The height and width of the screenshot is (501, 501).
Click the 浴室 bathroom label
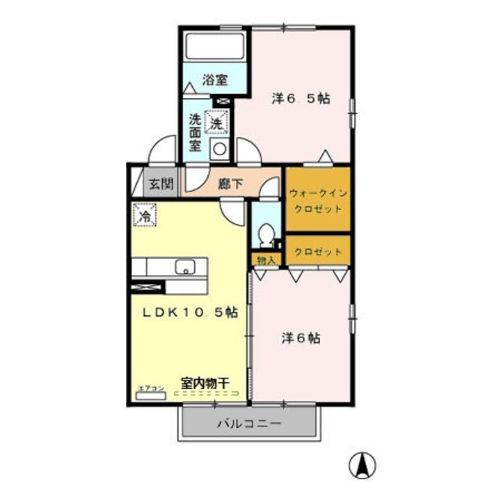[215, 79]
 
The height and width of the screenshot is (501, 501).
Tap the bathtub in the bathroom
[214, 47]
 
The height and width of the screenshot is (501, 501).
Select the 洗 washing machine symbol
[216, 122]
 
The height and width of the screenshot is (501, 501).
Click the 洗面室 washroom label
[196, 132]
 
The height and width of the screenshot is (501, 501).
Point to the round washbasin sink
[220, 148]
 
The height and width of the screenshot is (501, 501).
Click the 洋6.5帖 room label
[300, 99]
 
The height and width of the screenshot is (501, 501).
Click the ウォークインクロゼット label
[317, 200]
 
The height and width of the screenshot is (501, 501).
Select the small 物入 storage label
[266, 260]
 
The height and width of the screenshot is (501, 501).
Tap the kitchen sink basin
[185, 267]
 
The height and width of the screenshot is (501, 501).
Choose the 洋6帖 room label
[301, 338]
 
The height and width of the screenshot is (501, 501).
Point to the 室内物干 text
[205, 382]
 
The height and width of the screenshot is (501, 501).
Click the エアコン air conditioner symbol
[151, 395]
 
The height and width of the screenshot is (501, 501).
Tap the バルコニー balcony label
[249, 422]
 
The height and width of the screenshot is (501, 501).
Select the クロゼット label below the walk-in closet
[318, 252]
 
